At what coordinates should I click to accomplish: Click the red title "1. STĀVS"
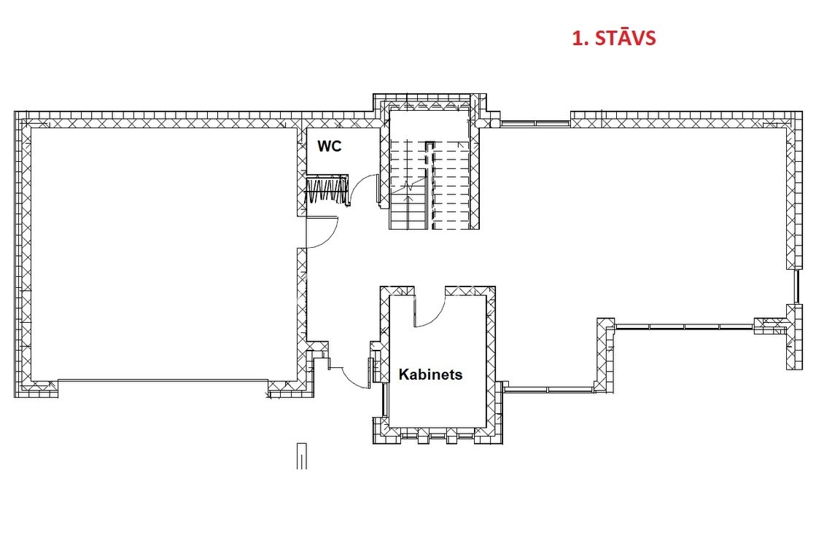point(613,38)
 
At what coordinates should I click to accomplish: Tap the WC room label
point(330,147)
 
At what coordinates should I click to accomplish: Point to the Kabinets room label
point(430,374)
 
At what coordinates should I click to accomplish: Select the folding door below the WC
point(326,190)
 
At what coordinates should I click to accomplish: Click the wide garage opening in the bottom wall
point(163,380)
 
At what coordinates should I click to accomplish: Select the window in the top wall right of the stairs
point(535,123)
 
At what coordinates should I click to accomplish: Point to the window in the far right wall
point(796,286)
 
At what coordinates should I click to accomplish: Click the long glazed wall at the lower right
point(684,327)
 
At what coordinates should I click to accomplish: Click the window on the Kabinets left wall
point(385,399)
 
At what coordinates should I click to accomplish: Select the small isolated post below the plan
point(302,456)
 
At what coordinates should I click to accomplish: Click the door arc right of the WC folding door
point(364,188)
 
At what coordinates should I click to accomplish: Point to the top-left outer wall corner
point(15,112)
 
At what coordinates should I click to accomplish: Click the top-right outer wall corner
point(801,112)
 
